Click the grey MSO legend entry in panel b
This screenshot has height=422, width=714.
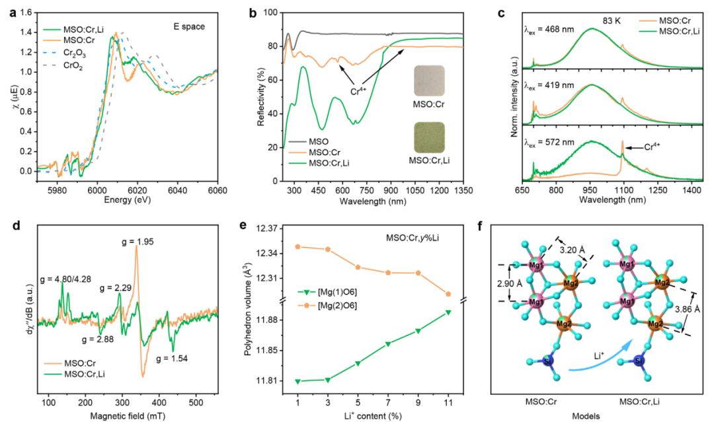click(x=310, y=143)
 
